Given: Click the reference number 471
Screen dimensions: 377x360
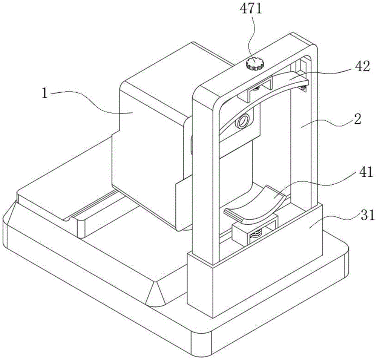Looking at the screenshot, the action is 251,9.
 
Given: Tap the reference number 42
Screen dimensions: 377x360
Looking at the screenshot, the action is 362,66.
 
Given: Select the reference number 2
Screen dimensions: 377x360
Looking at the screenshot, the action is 357,119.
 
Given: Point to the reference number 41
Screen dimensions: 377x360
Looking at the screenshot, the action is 364,172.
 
